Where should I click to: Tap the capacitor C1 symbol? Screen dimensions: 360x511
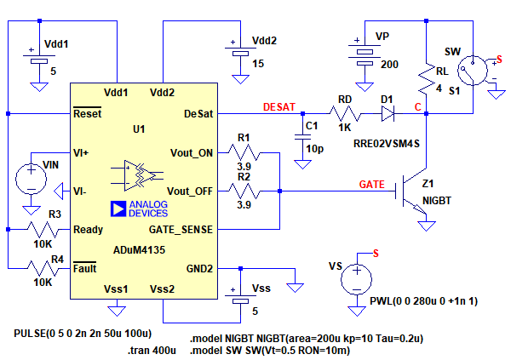pyautogui.click(x=301, y=136)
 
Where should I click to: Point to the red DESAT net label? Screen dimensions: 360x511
pyautogui.click(x=279, y=106)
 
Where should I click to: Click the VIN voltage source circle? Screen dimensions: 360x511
pyautogui.click(x=31, y=177)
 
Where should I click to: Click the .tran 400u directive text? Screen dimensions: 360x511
pyautogui.click(x=152, y=350)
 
